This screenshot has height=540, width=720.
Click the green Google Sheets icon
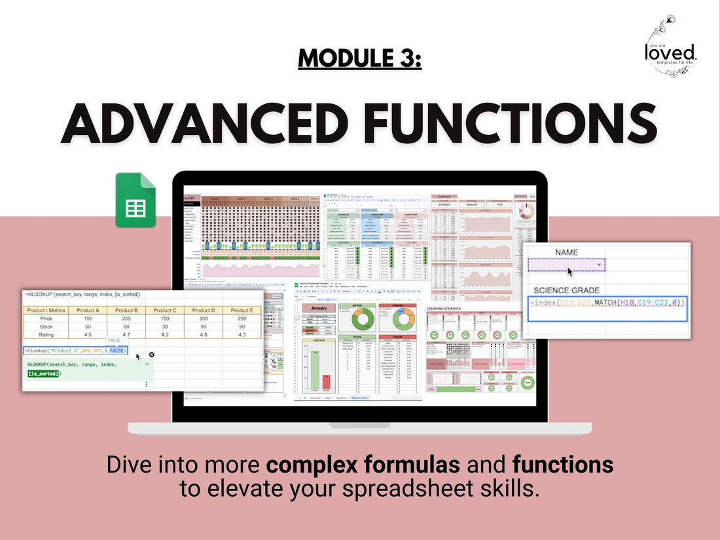[x=135, y=200]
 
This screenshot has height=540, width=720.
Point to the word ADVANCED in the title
[x=203, y=122]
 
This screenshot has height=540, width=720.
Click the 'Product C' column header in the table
[x=165, y=310]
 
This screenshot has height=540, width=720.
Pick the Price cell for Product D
[x=204, y=317]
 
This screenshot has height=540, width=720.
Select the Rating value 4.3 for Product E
[x=242, y=334]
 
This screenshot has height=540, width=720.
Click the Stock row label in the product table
[x=46, y=326]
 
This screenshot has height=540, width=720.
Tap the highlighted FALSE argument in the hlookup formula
[x=118, y=350]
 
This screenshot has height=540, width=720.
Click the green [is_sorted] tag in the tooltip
[x=44, y=373]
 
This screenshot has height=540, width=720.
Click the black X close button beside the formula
[x=152, y=354]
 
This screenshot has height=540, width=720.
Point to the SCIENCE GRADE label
[x=566, y=290]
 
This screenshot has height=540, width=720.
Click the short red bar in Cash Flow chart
[x=327, y=382]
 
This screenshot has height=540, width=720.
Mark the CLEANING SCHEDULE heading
[x=452, y=308]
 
